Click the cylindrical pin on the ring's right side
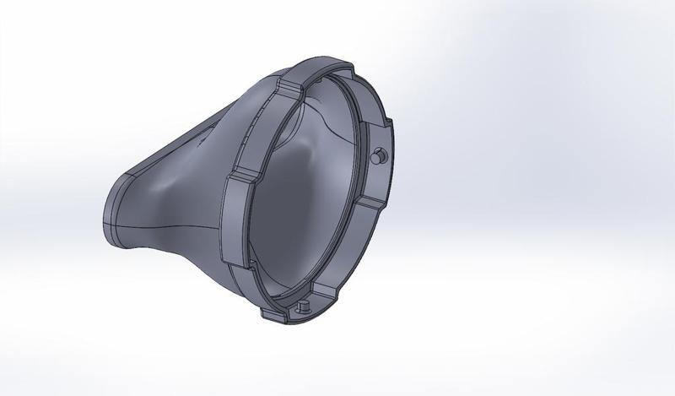380,155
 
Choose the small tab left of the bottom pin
274,314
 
